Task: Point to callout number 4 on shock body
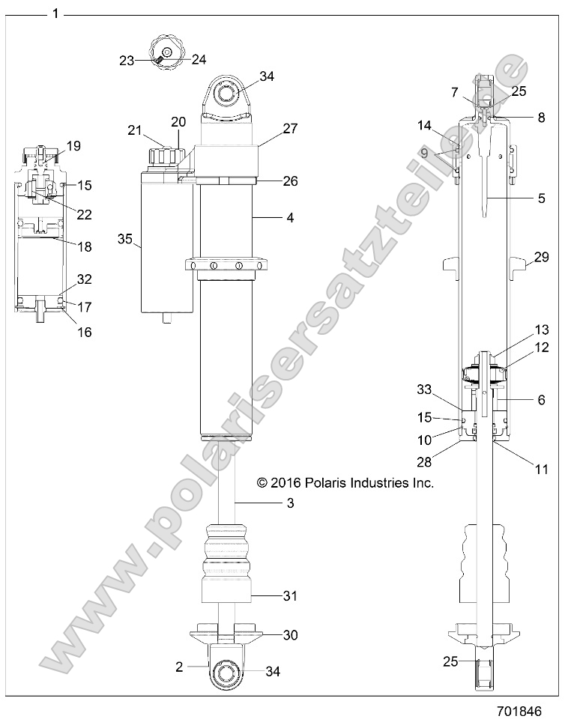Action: coord(290,218)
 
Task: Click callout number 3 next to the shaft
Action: coord(290,503)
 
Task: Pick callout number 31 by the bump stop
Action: coord(290,596)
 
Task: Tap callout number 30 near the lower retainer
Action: coord(290,634)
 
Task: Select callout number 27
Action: coord(290,128)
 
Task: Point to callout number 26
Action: coord(290,181)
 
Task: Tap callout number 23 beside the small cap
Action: coord(126,61)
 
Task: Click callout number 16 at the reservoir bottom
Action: coord(84,331)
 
